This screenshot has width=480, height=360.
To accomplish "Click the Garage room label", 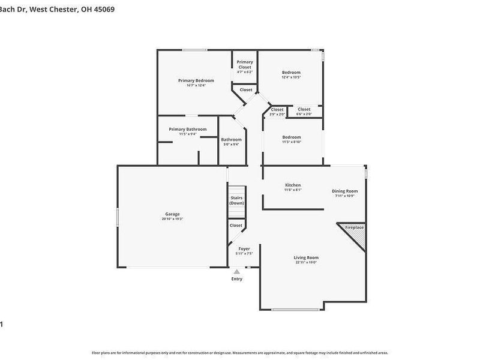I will click(173, 214).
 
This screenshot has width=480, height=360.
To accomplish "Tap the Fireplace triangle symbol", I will click(355, 236).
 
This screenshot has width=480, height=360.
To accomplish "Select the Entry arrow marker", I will click(237, 272).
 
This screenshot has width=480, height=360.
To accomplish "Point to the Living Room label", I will click(306, 257).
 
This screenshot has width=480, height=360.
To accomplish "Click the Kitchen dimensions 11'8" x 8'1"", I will click(293, 190).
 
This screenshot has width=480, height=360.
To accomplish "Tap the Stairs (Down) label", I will click(236, 200).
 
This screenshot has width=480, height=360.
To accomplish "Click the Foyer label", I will click(244, 248).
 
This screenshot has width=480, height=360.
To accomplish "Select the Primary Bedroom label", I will click(196, 80).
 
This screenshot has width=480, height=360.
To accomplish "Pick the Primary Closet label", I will click(245, 64).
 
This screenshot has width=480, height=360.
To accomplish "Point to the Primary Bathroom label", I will click(188, 129).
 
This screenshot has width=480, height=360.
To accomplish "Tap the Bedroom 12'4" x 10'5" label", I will click(292, 73).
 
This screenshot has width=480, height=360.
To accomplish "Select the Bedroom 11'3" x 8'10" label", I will click(292, 137).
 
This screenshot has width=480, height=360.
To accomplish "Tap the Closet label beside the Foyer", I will click(236, 226).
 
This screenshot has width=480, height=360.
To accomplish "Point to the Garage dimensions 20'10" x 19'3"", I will click(172, 219).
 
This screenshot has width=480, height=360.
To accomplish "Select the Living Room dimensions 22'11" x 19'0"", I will click(306, 262).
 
